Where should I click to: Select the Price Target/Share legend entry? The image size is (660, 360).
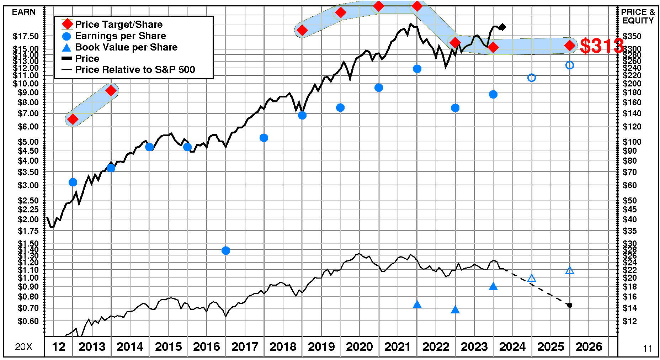[x=118, y=25]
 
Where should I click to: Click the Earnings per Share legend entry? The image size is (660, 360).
[x=120, y=36]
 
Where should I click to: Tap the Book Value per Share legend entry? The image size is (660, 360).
[x=126, y=47]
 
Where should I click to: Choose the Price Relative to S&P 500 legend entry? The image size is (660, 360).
[x=135, y=70]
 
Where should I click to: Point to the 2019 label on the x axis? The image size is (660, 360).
[x=321, y=346]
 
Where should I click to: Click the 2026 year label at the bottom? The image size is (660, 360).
[x=589, y=346]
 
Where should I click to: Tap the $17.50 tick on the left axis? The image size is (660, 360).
[x=26, y=36]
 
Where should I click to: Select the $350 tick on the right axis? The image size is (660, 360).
[x=632, y=36]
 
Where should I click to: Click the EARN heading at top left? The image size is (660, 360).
[x=24, y=12]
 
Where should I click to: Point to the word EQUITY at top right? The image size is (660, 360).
[x=638, y=21]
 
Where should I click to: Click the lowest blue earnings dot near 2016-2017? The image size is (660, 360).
[x=225, y=251]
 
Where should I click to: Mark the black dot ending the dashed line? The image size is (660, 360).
[x=570, y=305]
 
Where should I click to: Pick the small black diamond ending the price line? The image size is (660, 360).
[x=502, y=27]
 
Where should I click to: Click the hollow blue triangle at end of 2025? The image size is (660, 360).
[x=570, y=270]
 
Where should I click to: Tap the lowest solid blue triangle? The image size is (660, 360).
[x=455, y=310]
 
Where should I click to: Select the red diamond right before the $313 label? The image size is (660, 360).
[x=570, y=46]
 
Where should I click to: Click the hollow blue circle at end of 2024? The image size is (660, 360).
[x=532, y=78]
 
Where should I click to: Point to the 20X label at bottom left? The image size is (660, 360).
[x=23, y=347]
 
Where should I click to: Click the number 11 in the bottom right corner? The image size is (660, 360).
[x=648, y=349]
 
